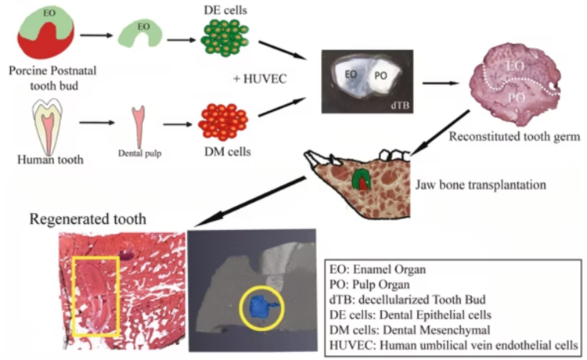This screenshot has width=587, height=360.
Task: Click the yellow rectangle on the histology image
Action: [x=94, y=293]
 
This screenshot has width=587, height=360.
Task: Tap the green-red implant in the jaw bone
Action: [x=362, y=179]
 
